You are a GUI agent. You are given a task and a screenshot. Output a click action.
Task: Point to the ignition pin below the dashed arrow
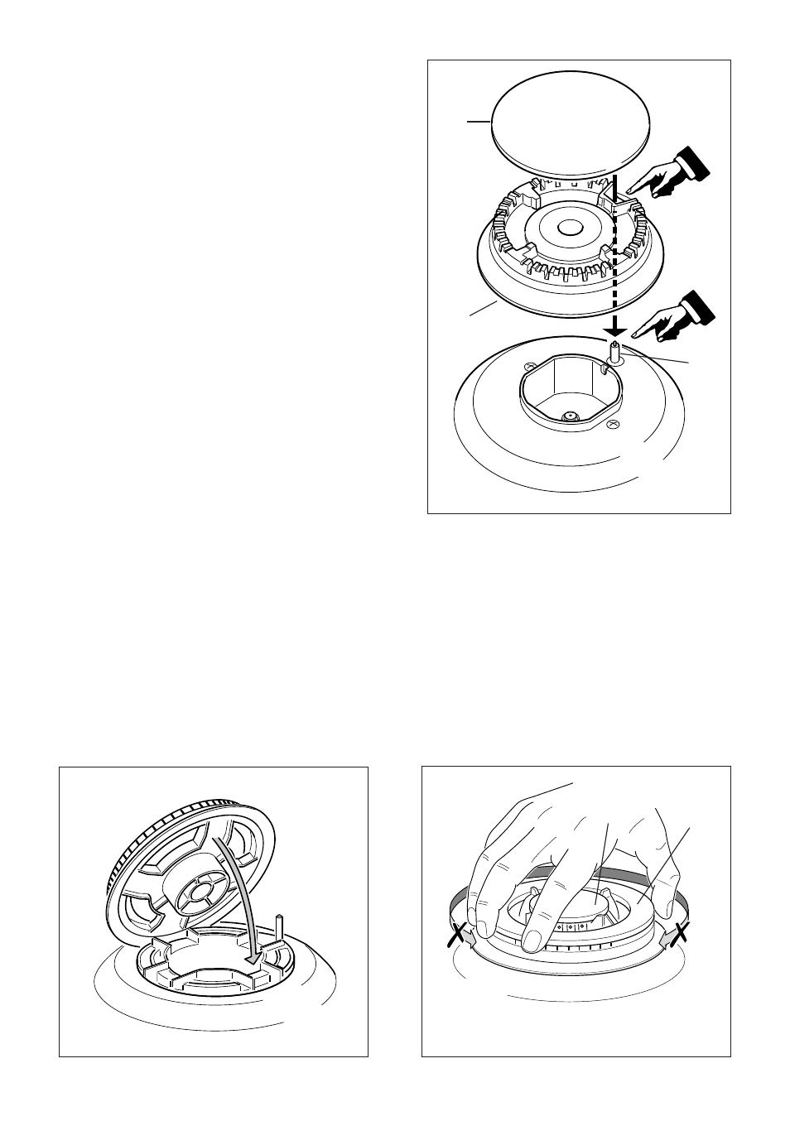[x=615, y=351]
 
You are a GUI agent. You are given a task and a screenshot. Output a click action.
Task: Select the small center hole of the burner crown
[x=569, y=227]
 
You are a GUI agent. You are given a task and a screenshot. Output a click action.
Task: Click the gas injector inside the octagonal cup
[x=569, y=416]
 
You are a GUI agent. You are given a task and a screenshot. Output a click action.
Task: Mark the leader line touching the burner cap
[x=478, y=122]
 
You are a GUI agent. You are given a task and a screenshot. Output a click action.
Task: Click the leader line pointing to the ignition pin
[x=658, y=358]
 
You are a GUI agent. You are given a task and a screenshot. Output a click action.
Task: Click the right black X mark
[x=681, y=934]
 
